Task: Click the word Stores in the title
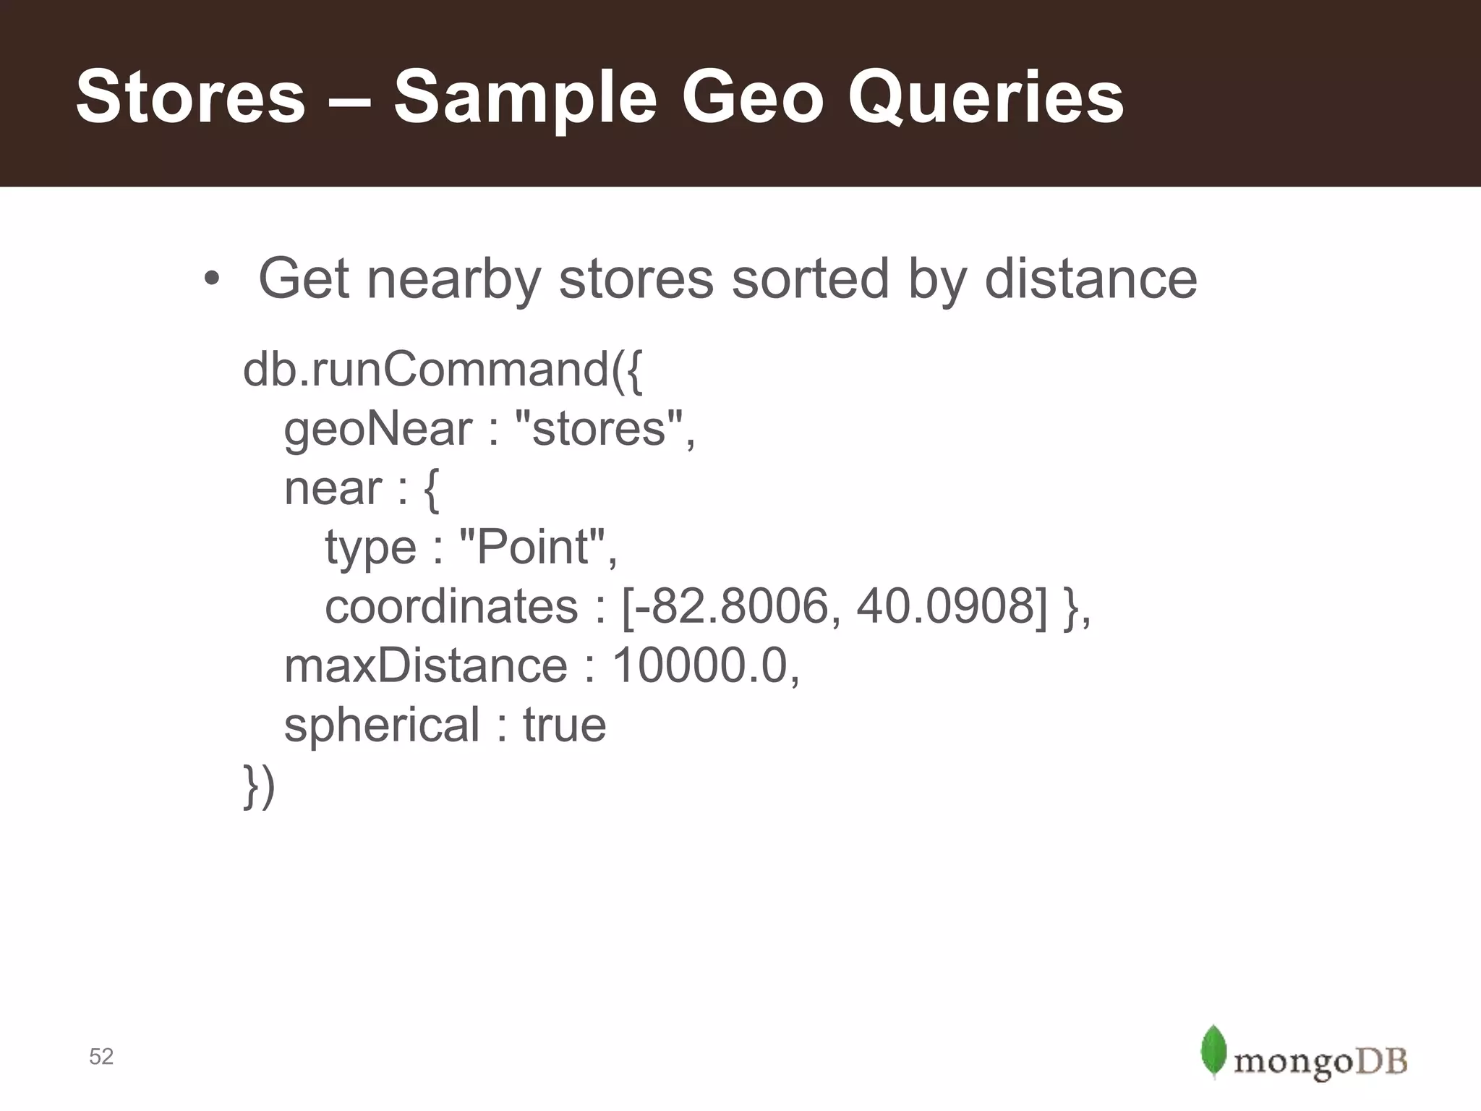191,98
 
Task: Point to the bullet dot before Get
210,281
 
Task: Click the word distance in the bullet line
1091,279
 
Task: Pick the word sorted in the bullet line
810,279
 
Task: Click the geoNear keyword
377,430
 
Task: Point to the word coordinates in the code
451,606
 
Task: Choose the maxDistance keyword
426,665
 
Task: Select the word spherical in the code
382,725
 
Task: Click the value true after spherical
564,725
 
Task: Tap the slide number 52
101,1057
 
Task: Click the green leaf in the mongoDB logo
1214,1051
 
